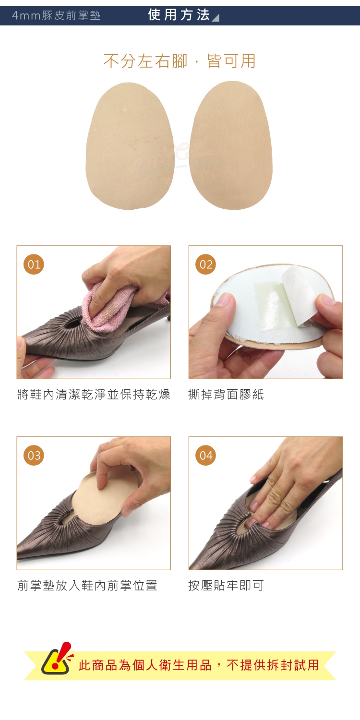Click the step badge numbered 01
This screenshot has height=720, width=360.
point(34,264)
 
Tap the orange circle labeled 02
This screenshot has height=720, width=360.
point(206,264)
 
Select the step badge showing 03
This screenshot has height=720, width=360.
point(34,455)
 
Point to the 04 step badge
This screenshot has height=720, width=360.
point(206,455)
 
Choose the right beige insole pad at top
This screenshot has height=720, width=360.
point(231,145)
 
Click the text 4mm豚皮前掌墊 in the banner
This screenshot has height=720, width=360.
point(56,15)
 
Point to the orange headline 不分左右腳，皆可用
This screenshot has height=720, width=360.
point(180,61)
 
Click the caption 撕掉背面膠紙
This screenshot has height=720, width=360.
point(226,395)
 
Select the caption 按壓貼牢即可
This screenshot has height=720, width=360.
point(226,585)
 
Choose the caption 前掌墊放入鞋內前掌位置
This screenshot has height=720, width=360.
point(87,585)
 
